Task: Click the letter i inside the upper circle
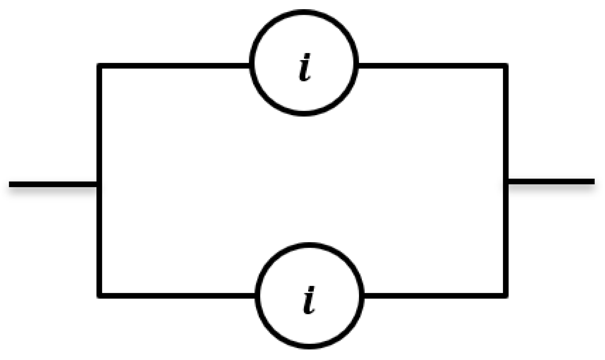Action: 305,67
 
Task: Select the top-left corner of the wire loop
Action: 100,66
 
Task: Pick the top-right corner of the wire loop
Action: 506,66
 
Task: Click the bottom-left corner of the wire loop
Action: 100,296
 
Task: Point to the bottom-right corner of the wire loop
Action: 506,296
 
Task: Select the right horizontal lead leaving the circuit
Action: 550,181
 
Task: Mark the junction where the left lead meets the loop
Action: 100,184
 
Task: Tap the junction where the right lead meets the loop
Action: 506,181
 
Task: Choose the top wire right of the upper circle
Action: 432,66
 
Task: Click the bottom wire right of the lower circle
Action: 434,296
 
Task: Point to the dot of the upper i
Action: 307,56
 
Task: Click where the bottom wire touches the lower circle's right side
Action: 363,296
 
